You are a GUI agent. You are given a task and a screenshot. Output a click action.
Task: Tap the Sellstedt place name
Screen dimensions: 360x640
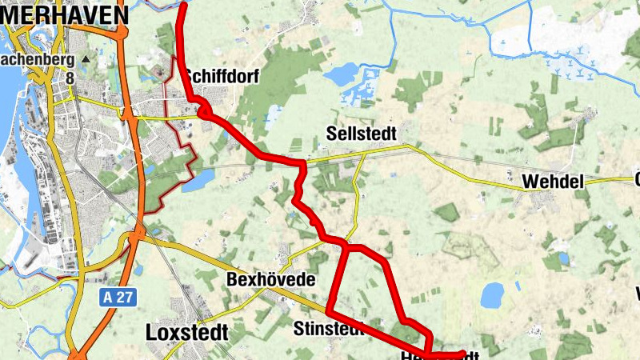tap(362, 133)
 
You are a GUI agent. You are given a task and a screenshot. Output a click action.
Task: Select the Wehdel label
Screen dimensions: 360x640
tap(553, 182)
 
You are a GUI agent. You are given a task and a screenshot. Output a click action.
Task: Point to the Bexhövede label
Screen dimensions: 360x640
tap(270, 281)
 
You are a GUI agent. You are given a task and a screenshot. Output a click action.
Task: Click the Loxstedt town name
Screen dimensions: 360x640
tap(187, 332)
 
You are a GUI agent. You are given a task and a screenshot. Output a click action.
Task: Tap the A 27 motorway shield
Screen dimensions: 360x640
tap(119, 297)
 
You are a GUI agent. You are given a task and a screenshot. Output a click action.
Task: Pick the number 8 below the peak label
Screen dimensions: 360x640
tap(70, 78)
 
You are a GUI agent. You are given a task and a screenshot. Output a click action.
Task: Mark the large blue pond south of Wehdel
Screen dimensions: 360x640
tap(492, 294)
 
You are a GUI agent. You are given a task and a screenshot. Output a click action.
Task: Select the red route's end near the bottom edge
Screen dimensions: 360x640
tap(462, 353)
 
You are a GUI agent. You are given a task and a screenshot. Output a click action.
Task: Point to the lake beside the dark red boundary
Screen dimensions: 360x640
tap(202, 175)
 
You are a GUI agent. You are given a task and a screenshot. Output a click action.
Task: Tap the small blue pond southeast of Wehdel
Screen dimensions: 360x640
tap(564, 258)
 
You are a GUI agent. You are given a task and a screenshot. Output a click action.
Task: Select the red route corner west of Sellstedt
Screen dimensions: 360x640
tap(303, 164)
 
